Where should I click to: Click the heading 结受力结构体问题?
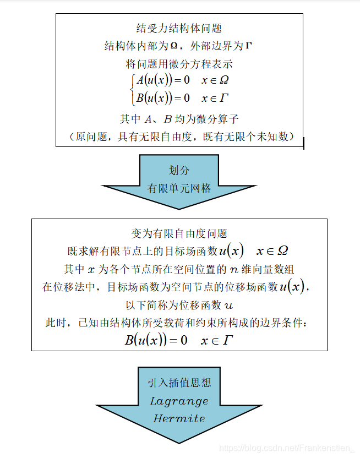(x=179, y=28)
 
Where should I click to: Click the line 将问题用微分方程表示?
(x=179, y=63)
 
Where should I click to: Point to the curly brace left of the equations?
(x=132, y=89)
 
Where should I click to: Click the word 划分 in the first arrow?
(x=179, y=171)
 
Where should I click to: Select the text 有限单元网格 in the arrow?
(x=179, y=188)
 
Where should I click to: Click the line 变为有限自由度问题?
(x=179, y=233)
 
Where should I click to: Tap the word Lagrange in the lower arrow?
(x=179, y=401)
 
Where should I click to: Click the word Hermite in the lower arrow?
(x=179, y=418)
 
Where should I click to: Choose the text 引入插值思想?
(x=179, y=383)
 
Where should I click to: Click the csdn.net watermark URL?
(x=286, y=449)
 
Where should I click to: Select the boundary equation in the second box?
(x=179, y=340)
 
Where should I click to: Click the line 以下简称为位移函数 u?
(x=179, y=304)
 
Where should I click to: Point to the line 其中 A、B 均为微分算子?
(x=179, y=118)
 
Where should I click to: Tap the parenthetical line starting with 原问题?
(x=179, y=136)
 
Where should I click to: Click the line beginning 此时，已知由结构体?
(x=179, y=322)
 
